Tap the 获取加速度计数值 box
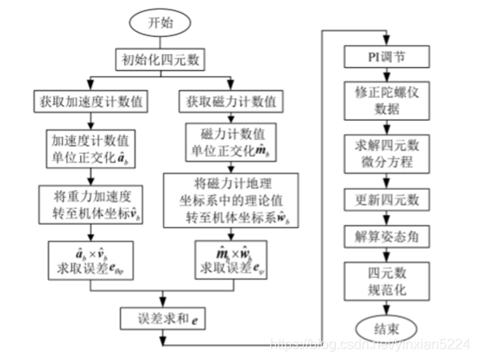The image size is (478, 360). [91, 101]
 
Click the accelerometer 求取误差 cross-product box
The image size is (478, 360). [91, 256]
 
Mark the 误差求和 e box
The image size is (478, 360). [164, 318]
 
